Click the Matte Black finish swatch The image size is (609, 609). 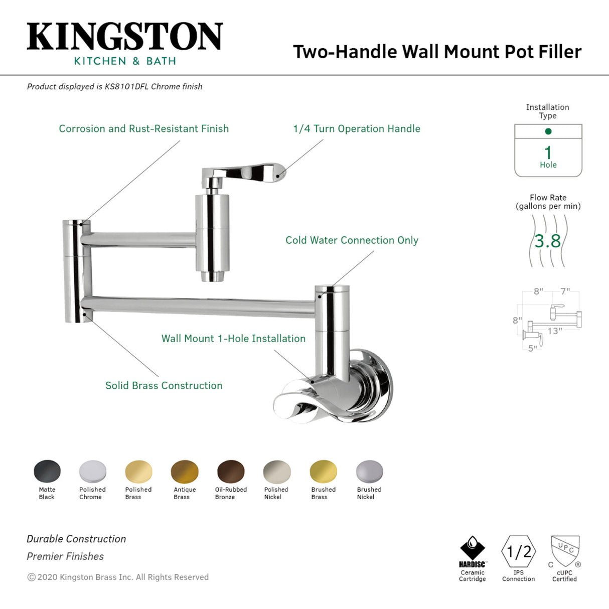[47, 472]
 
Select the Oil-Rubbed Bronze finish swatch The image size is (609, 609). [231, 472]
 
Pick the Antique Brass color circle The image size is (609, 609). [185, 472]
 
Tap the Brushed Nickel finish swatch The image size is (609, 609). [370, 472]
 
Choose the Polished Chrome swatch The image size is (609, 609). [93, 472]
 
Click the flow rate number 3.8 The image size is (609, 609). [548, 241]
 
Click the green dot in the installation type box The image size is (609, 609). [548, 131]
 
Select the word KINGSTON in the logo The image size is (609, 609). [124, 37]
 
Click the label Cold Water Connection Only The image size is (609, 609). [352, 240]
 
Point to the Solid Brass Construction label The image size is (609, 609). [164, 386]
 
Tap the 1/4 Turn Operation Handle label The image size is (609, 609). [357, 129]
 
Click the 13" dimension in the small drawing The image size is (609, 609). [555, 331]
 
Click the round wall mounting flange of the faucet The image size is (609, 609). [381, 384]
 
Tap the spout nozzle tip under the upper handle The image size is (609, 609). [213, 275]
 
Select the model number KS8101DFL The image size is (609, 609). [126, 87]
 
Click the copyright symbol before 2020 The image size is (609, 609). [31, 577]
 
